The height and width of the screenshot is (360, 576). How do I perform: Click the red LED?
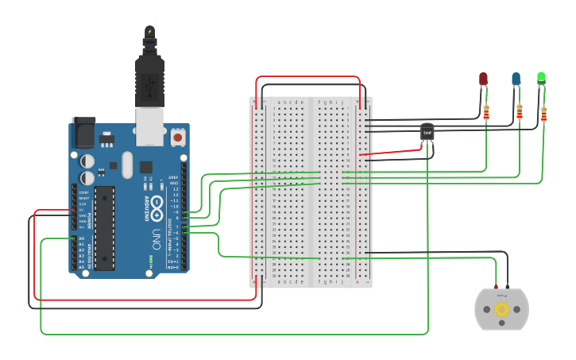pyautogui.click(x=483, y=79)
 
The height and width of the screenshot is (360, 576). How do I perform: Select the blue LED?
pyautogui.click(x=516, y=79)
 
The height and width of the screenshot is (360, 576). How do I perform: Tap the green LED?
pyautogui.click(x=541, y=78)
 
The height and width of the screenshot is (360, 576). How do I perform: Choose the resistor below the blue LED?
pyautogui.click(x=520, y=112)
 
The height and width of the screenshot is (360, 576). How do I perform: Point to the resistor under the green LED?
pyautogui.click(x=544, y=114)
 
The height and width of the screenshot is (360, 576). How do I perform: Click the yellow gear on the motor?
pyautogui.click(x=501, y=310)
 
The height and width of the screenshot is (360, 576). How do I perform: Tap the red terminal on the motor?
pyautogui.click(x=497, y=287)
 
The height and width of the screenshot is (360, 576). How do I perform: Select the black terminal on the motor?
pyautogui.click(x=507, y=287)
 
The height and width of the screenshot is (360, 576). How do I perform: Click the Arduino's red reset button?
pyautogui.click(x=177, y=137)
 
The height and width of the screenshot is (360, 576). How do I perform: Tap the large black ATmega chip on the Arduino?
pyautogui.click(x=104, y=228)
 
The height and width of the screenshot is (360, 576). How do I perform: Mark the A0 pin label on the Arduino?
pyautogui.click(x=80, y=238)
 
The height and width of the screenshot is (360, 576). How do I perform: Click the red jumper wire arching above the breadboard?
pyautogui.click(x=308, y=77)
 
